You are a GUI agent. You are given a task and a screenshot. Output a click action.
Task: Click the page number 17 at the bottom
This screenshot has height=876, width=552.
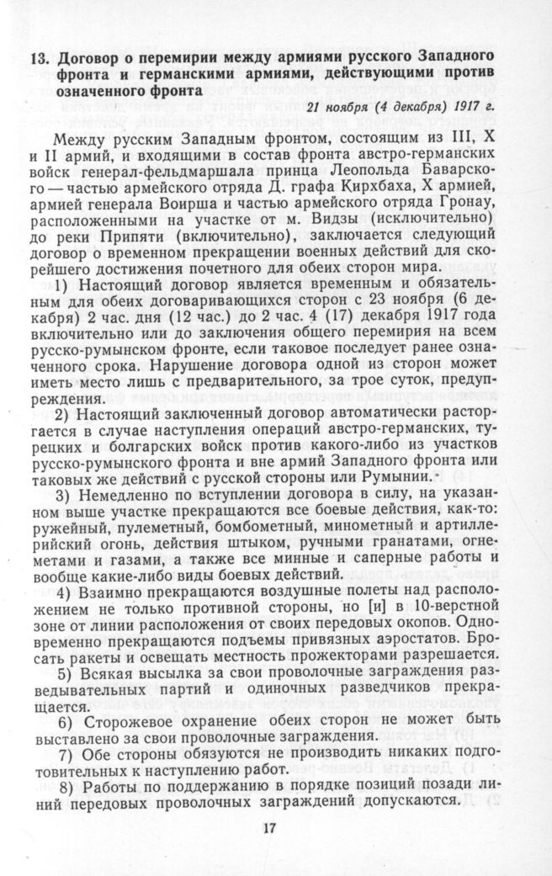(270, 827)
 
